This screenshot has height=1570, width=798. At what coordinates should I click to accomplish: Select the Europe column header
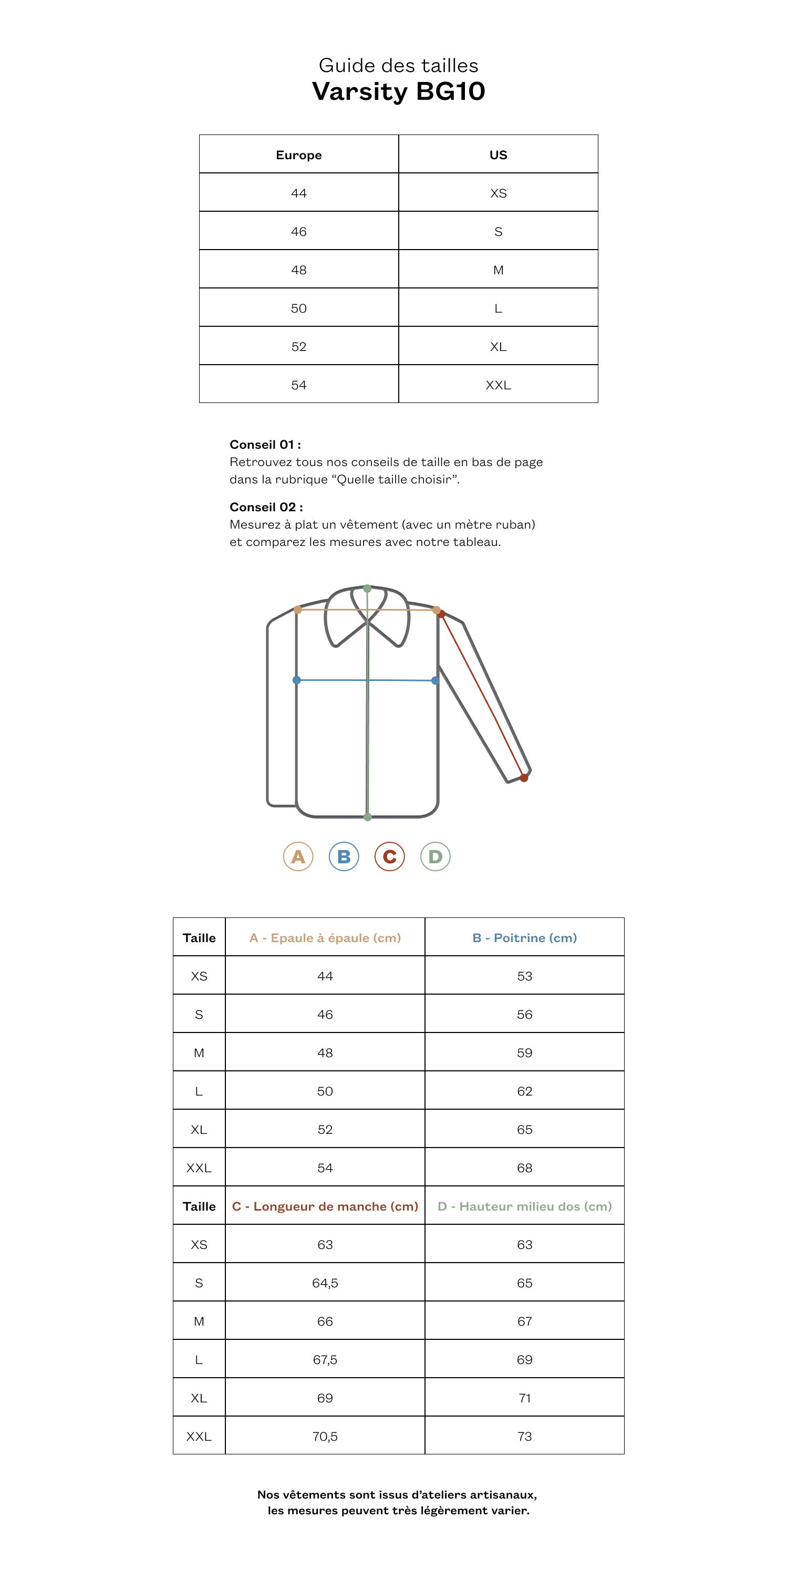click(x=298, y=155)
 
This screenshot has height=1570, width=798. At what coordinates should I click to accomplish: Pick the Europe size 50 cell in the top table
click(x=298, y=308)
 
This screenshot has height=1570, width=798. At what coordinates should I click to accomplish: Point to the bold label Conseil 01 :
click(x=265, y=445)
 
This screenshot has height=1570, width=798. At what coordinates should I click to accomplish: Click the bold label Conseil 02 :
click(x=266, y=507)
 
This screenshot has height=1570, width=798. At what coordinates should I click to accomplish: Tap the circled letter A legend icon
click(x=298, y=856)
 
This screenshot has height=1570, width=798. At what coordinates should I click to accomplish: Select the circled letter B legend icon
click(x=344, y=856)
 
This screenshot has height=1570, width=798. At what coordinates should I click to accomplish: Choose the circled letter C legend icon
click(x=389, y=856)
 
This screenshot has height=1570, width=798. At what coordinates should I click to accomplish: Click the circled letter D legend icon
click(x=435, y=856)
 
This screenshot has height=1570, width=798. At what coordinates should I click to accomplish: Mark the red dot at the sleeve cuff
click(x=524, y=778)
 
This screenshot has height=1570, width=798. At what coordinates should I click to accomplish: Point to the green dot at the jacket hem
click(x=367, y=817)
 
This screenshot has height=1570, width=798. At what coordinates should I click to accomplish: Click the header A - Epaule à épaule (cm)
click(x=325, y=937)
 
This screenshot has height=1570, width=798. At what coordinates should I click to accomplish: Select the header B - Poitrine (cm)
click(x=524, y=937)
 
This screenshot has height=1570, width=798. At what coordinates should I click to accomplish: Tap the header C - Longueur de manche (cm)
click(x=325, y=1206)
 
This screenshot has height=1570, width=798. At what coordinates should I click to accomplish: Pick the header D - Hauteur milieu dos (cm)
click(x=524, y=1206)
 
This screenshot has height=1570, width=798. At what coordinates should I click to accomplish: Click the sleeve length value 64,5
click(x=325, y=1283)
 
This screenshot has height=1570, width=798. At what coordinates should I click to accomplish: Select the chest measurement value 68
click(x=524, y=1168)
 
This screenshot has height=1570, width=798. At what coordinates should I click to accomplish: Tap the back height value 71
click(x=524, y=1398)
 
